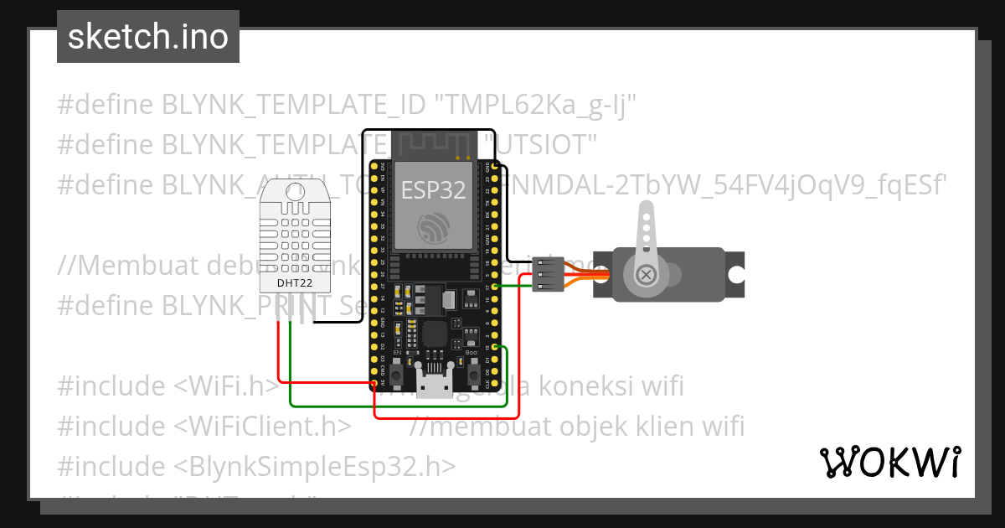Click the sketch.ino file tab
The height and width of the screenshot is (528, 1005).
click(x=147, y=37)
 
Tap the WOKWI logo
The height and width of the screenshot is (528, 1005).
click(x=889, y=462)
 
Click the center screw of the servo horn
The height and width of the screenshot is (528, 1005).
click(x=646, y=274)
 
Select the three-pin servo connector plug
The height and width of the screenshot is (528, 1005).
click(x=548, y=274)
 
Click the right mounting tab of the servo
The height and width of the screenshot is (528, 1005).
click(x=735, y=274)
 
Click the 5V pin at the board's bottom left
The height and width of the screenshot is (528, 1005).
click(x=373, y=383)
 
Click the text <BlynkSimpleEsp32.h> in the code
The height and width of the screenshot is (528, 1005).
click(x=316, y=466)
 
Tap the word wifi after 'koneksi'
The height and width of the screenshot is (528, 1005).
click(x=659, y=386)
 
